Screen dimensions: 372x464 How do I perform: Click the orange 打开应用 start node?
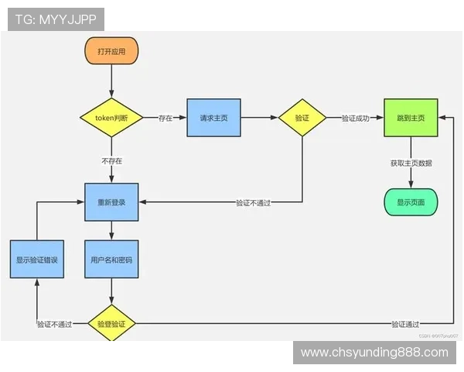(111, 51)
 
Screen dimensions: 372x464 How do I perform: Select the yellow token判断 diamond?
(111, 118)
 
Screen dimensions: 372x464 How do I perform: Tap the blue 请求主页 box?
(213, 118)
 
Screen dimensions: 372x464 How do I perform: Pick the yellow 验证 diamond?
(302, 118)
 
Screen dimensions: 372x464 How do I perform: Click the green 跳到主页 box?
(411, 118)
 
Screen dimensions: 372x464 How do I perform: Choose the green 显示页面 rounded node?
(411, 201)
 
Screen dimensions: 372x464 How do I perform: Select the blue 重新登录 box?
(111, 202)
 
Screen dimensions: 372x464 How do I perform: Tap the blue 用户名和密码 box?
(111, 260)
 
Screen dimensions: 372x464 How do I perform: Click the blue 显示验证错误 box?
(36, 260)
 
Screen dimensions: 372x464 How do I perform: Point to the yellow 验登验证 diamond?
(111, 323)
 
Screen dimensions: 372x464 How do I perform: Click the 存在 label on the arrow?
(165, 119)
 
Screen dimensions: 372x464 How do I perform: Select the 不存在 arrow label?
(111, 160)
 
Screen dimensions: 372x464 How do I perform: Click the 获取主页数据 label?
(411, 163)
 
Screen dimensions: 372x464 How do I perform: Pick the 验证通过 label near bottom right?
(405, 324)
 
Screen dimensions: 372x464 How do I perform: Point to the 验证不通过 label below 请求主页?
(258, 203)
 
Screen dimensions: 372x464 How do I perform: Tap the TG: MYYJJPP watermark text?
(56, 19)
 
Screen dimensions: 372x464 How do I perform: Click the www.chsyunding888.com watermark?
(374, 353)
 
